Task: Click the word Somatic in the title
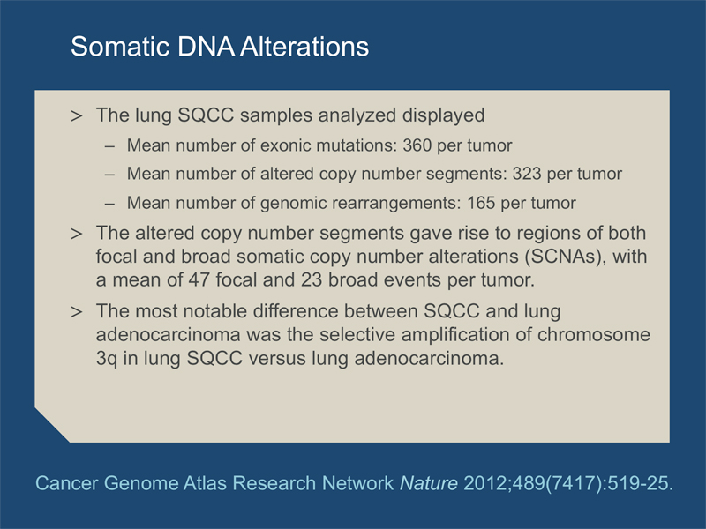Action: [119, 47]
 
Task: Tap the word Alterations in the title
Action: [304, 47]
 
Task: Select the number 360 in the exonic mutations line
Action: [417, 145]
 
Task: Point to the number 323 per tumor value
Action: [527, 174]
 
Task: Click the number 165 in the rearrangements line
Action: [481, 203]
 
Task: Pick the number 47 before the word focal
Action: [199, 279]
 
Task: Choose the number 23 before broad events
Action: [312, 279]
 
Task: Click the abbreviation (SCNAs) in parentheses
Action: [565, 257]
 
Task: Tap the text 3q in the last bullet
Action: [106, 359]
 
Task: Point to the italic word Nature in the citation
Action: [429, 483]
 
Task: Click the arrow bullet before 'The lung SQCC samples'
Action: [77, 116]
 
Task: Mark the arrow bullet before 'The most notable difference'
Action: [77, 312]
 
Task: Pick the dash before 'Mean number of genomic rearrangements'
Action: [109, 204]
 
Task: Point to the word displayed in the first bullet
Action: [444, 115]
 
